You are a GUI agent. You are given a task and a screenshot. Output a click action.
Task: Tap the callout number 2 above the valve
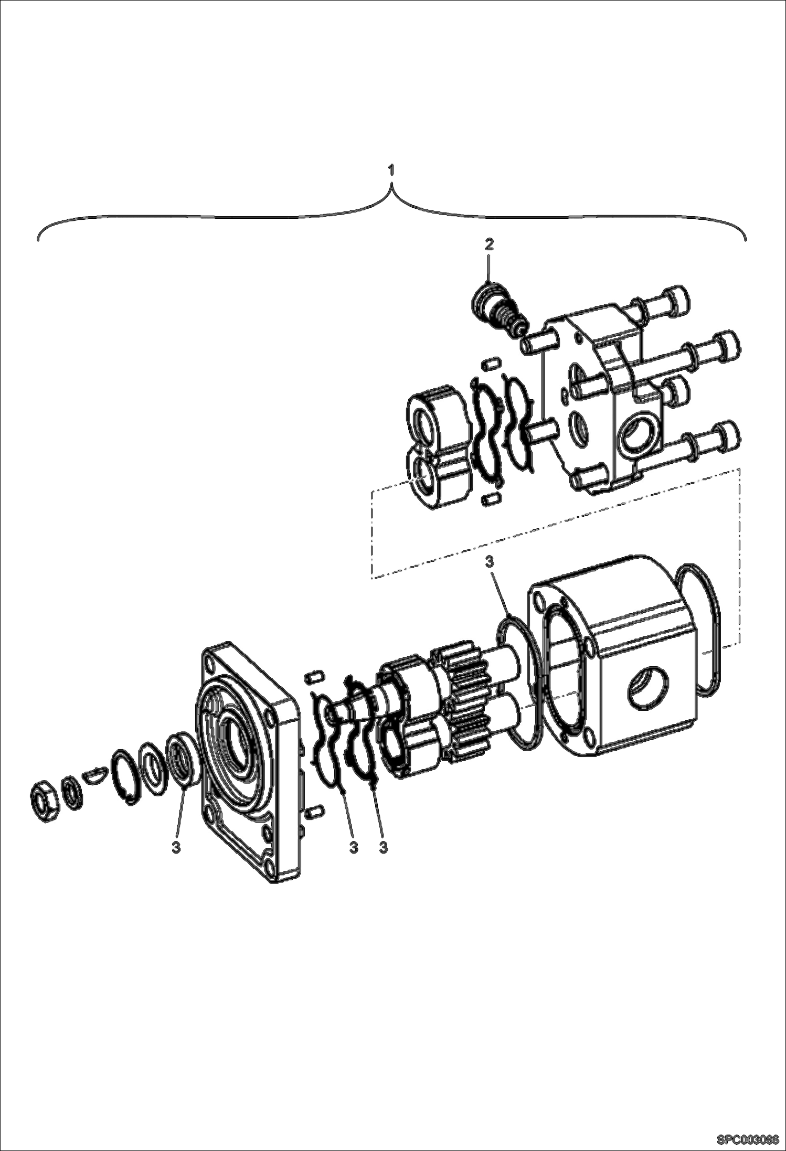point(489,244)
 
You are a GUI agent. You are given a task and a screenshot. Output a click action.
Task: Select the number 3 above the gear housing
point(489,562)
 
